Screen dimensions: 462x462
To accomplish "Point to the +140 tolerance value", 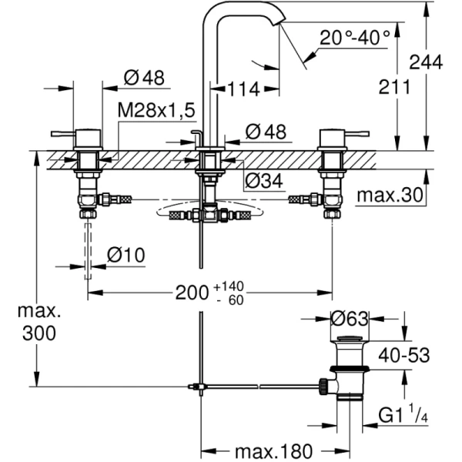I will point(240,286).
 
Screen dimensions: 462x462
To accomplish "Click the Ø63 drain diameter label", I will point(350,316).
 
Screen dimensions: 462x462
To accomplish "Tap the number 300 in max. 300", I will point(39,334).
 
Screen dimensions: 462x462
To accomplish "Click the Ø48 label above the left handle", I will point(143,77).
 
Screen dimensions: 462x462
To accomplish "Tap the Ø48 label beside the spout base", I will point(265,132).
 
